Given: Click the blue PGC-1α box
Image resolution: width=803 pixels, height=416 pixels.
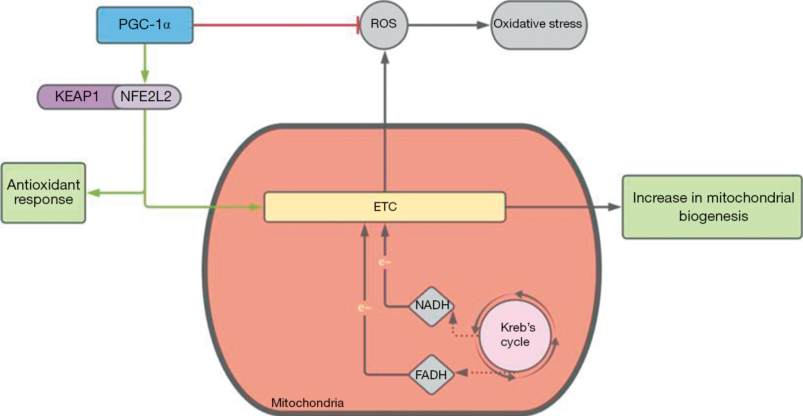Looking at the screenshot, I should (145, 25).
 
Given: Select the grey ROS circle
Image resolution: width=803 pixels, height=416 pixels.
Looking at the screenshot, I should (384, 24).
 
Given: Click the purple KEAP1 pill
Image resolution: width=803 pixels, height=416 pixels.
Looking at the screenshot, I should (76, 96).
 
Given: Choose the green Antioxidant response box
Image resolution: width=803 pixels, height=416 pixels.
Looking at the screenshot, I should (44, 193).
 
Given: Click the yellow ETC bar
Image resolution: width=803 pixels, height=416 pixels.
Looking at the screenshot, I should (385, 207).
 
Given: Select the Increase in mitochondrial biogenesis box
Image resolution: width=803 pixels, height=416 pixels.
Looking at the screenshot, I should (712, 207).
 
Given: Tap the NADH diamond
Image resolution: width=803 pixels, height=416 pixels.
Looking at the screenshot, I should (432, 305).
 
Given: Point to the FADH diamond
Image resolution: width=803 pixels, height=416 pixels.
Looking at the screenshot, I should (431, 375).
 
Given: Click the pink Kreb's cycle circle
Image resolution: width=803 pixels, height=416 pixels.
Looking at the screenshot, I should (516, 335).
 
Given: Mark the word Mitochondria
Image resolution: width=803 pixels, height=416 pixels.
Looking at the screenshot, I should (307, 403).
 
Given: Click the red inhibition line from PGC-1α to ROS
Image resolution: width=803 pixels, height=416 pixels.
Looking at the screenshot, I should (275, 25).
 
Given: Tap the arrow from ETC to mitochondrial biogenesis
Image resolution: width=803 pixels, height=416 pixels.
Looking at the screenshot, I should (563, 207).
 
